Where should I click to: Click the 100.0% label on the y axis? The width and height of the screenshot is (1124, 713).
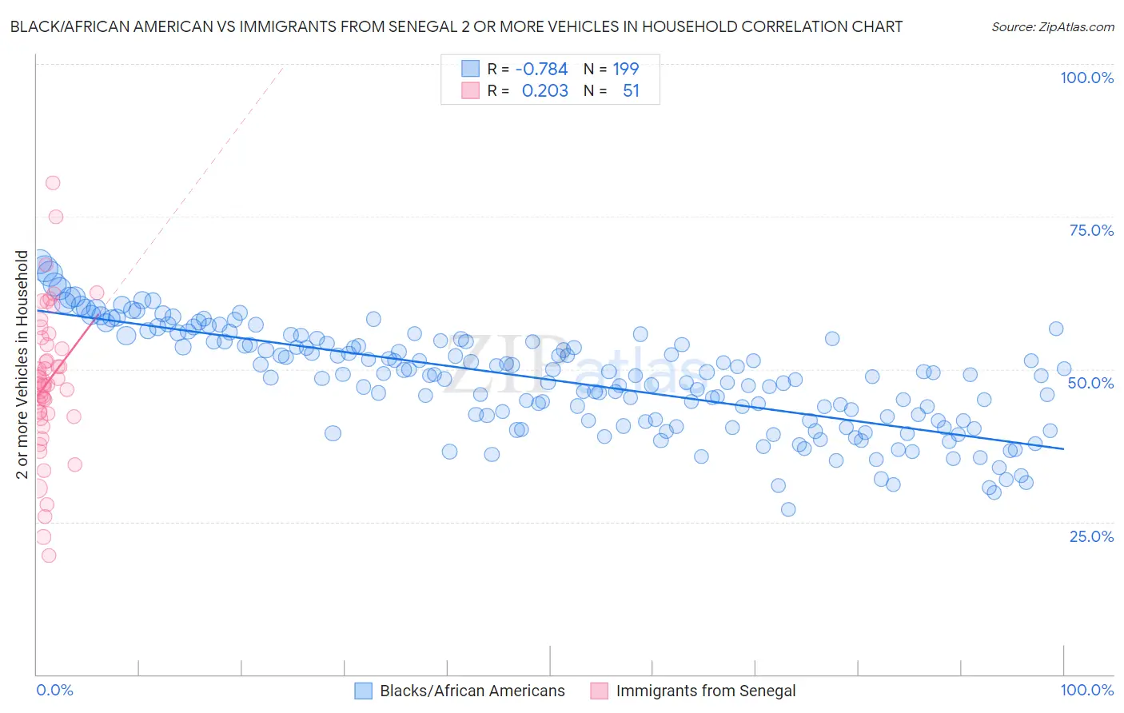(x=1086, y=78)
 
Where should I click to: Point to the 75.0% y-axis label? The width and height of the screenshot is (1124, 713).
(x=1091, y=230)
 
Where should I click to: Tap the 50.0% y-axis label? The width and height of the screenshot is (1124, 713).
(x=1090, y=383)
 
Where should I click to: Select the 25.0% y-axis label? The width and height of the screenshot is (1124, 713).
(x=1091, y=536)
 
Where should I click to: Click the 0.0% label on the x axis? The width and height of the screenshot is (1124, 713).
(x=54, y=690)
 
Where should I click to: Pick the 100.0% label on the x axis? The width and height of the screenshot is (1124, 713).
(x=1086, y=690)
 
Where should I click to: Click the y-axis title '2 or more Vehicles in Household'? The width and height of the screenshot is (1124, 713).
(x=22, y=364)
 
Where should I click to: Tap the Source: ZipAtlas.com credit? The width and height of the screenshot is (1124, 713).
(x=1052, y=26)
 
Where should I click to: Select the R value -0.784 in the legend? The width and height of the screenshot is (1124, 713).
(x=541, y=70)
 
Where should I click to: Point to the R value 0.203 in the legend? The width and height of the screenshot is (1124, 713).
(x=544, y=91)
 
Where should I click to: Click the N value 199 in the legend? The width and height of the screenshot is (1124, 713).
(x=625, y=70)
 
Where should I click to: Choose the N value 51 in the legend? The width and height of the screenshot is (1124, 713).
(x=631, y=91)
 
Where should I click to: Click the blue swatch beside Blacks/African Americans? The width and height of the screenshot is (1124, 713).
(x=364, y=691)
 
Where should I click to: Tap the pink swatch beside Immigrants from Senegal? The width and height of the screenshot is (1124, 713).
(x=600, y=691)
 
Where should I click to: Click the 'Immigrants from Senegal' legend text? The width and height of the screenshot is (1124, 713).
(x=706, y=691)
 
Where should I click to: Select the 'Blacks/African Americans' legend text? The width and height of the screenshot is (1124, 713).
(x=472, y=691)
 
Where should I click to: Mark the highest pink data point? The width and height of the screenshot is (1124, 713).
(x=53, y=183)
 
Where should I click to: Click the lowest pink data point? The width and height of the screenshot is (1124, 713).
(x=49, y=556)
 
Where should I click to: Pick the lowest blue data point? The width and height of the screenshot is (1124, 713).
(x=788, y=509)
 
